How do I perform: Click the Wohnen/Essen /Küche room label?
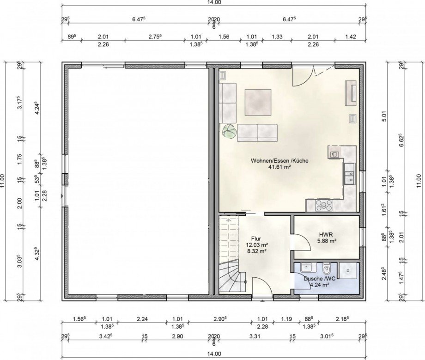279,161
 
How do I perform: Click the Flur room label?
256,239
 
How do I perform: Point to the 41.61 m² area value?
279,167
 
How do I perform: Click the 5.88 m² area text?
327,240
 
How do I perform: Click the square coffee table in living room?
258,103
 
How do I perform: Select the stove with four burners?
324,205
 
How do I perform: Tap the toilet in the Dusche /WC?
326,268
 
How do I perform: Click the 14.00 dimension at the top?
214,2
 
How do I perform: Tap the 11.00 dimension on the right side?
419,181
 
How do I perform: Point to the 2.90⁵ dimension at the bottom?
219,319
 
